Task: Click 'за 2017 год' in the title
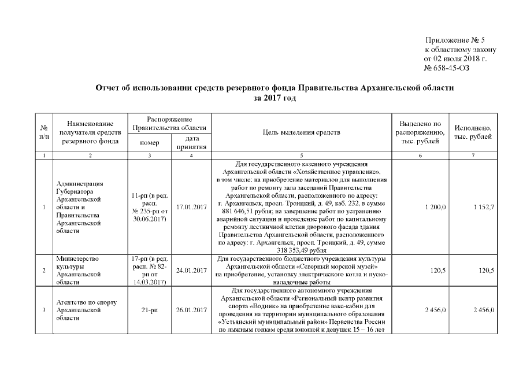click(275, 98)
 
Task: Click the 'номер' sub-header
click(150, 142)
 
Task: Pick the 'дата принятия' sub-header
click(191, 142)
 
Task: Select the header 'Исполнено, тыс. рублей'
click(473, 132)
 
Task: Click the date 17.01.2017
click(191, 206)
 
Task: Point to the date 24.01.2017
click(191, 270)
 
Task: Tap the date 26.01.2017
click(191, 310)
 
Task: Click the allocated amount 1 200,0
click(435, 206)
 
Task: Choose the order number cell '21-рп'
click(150, 310)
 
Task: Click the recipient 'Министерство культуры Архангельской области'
click(79, 270)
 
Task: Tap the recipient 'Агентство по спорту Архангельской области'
click(79, 310)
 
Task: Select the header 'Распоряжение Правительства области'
click(170, 123)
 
